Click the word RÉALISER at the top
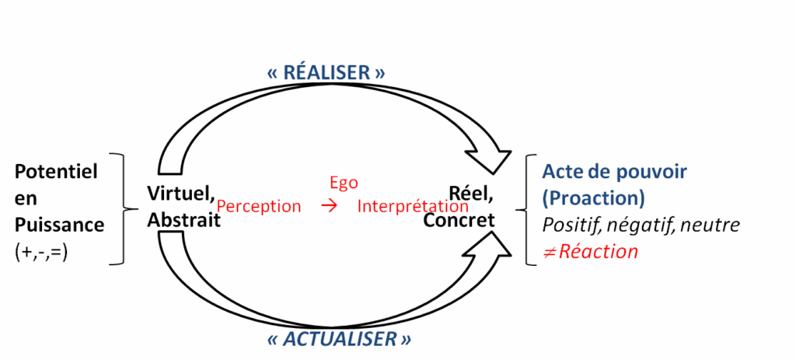point(326,72)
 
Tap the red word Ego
point(344,183)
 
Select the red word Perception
point(259,207)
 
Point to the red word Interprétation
point(413,207)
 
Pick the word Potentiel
point(57,172)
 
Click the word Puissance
point(60,225)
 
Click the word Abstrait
point(184,220)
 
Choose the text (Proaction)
point(593,198)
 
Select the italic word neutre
point(713,225)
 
